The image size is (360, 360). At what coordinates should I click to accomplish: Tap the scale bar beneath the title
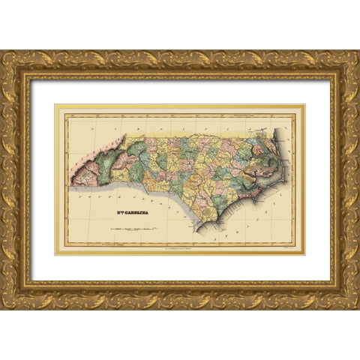131,225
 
